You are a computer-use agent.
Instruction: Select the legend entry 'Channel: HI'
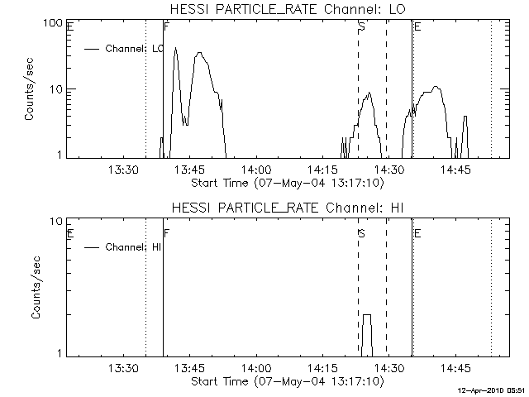tap(133, 247)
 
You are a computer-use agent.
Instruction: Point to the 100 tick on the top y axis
tap(54, 22)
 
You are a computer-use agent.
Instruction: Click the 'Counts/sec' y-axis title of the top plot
tap(29, 90)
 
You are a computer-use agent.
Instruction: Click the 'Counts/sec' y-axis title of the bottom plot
tap(29, 289)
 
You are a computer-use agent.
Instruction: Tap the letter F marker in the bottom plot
tap(167, 234)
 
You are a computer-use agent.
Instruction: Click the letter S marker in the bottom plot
tap(361, 234)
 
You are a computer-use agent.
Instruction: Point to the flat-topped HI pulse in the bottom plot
tap(366, 316)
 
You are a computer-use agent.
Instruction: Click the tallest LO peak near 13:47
tap(199, 54)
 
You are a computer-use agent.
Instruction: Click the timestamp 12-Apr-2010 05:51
tap(493, 390)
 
